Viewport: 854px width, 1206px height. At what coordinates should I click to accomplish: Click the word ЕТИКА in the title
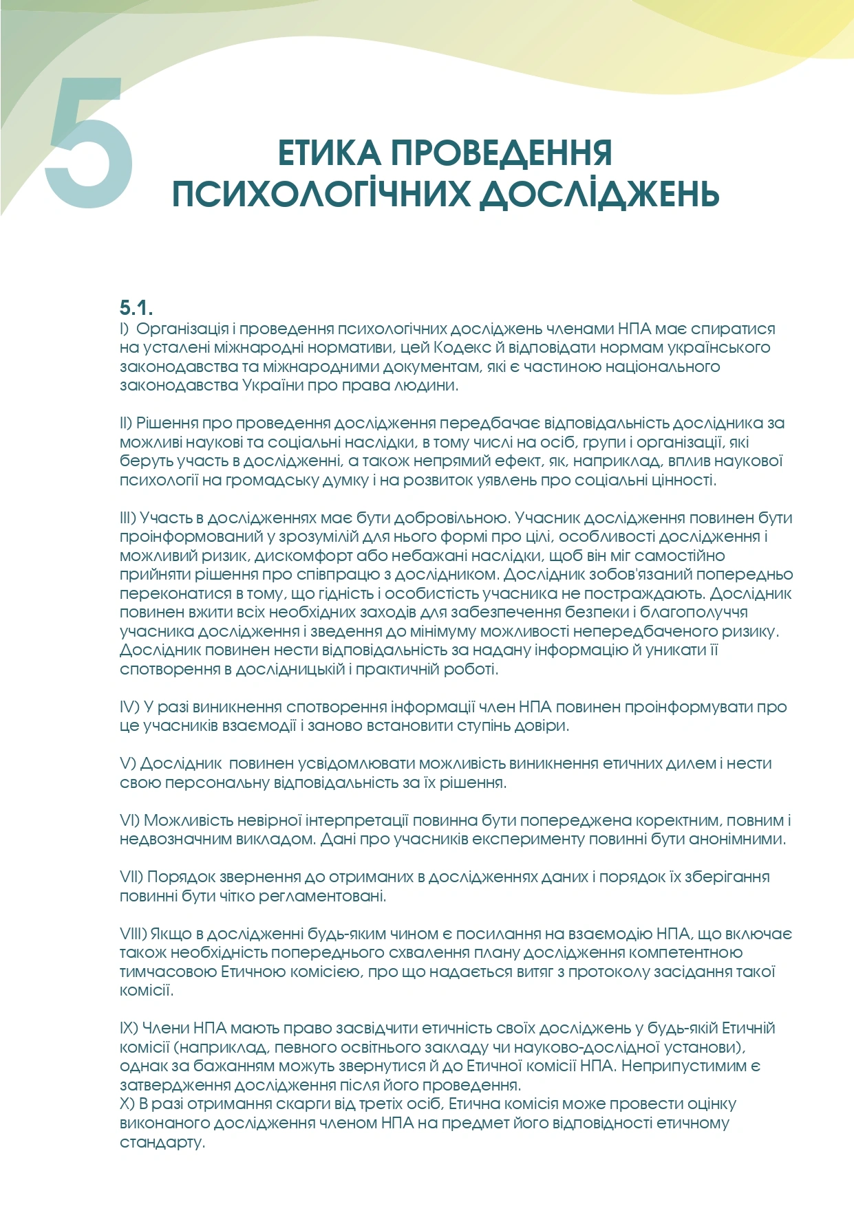328,153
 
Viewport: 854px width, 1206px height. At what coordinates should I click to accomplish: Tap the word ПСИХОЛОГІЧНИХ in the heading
321,194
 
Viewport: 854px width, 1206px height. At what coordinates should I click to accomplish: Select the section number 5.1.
136,307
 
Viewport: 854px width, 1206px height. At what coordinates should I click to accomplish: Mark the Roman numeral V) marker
128,763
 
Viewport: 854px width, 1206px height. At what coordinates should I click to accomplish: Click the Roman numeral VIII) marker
134,934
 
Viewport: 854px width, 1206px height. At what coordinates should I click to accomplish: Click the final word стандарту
162,1143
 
